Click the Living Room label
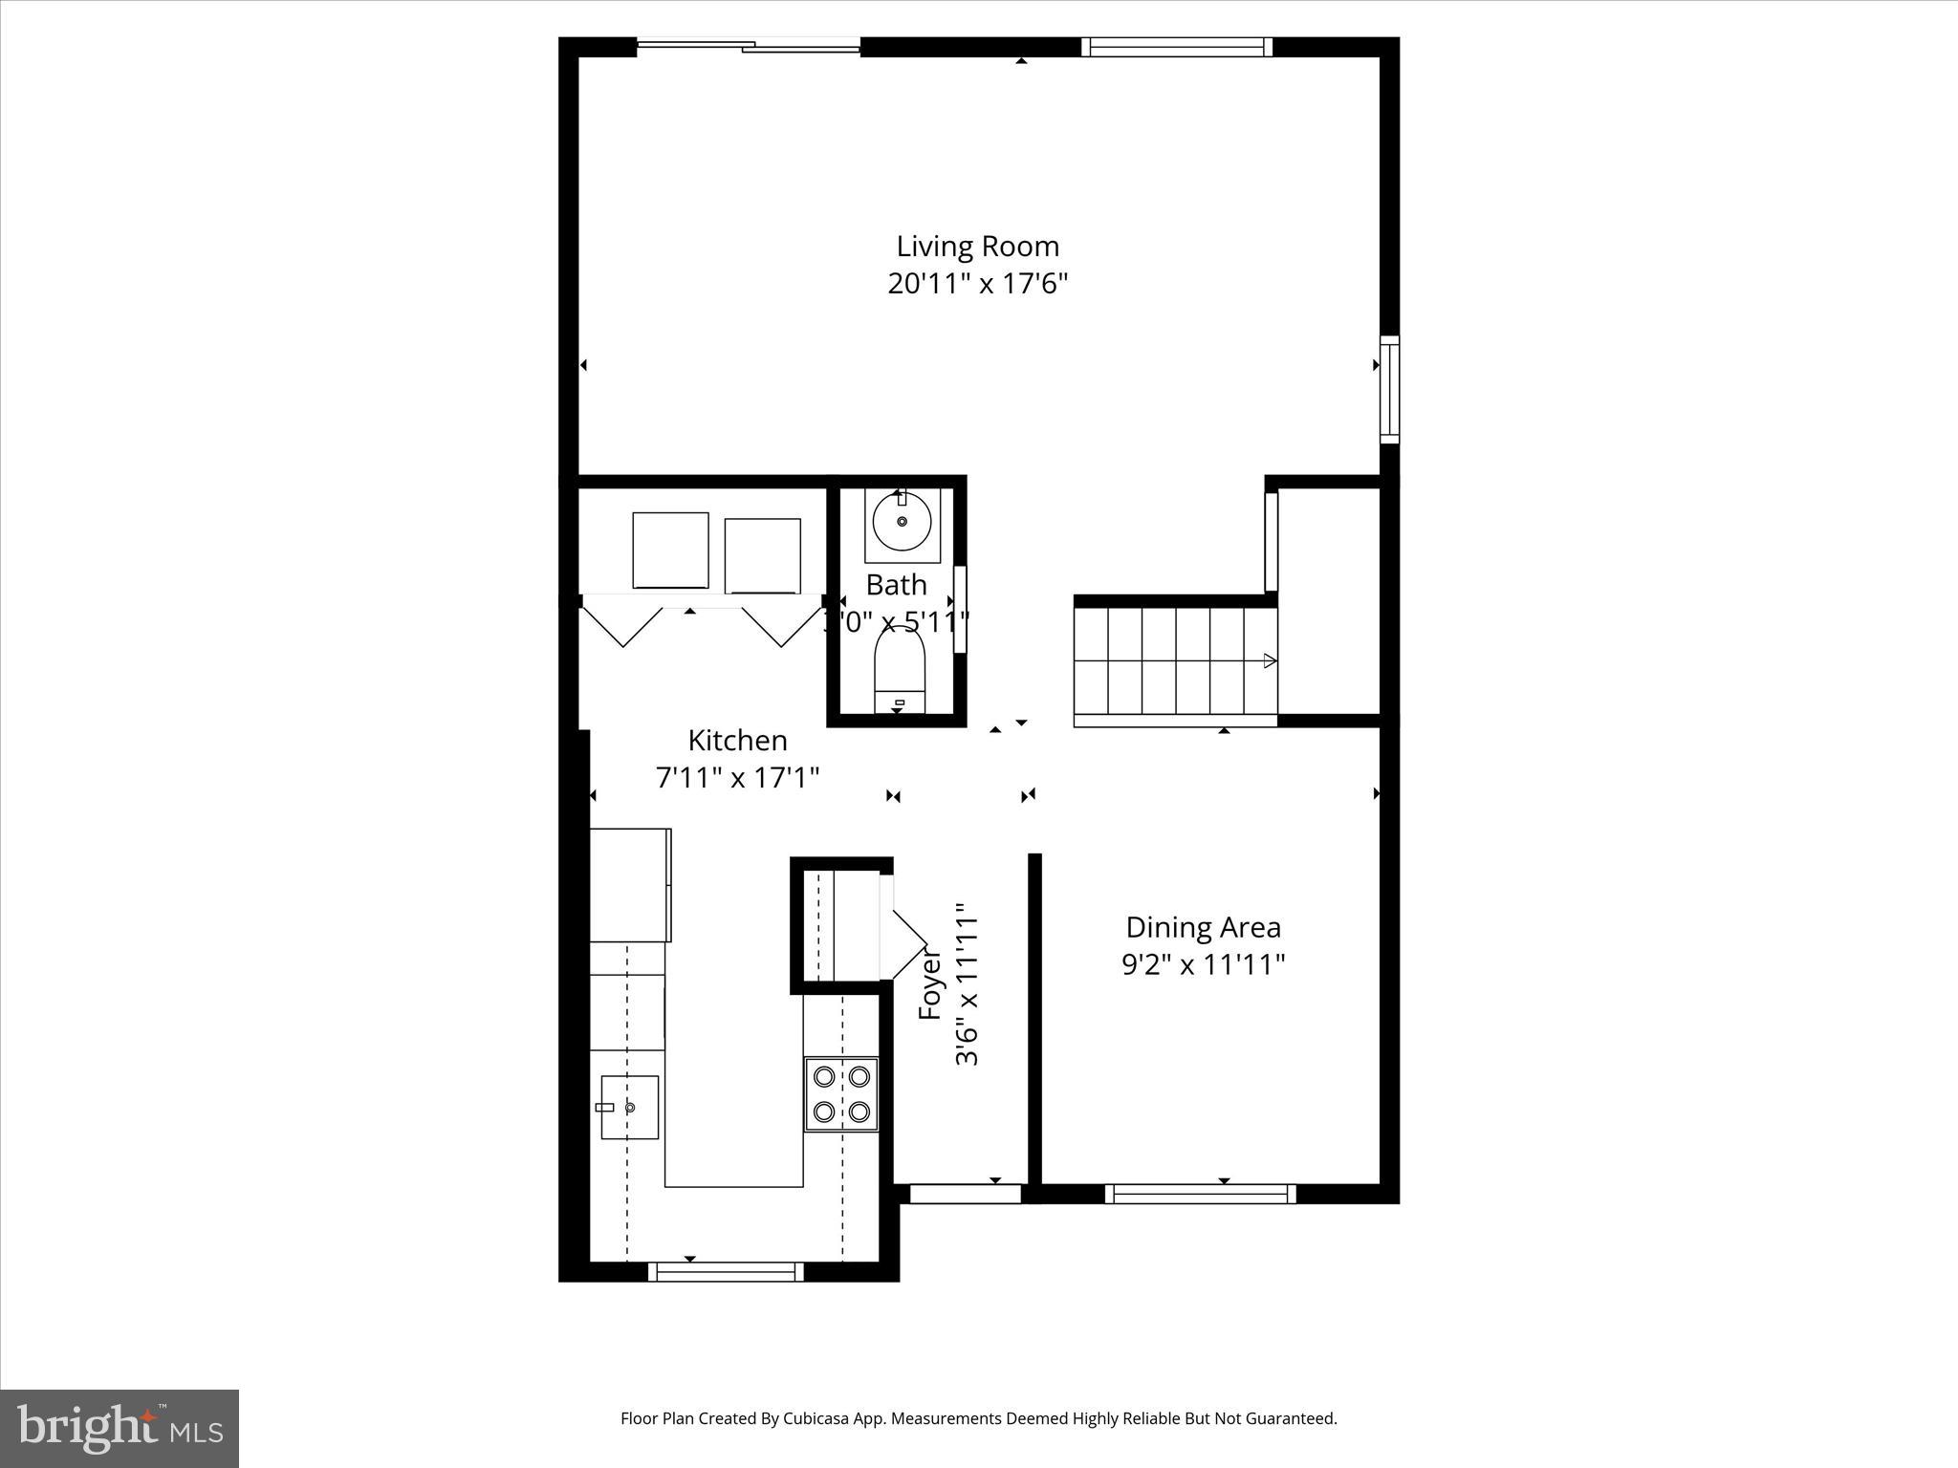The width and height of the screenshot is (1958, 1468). [x=977, y=247]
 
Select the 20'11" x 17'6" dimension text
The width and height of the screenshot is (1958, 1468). [x=977, y=284]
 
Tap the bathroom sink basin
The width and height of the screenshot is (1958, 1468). [x=902, y=522]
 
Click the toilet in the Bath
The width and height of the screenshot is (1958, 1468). [x=900, y=670]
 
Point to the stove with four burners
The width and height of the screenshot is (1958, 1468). [x=841, y=1094]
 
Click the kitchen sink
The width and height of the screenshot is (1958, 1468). [x=629, y=1107]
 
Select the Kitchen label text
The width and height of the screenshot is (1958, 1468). [x=737, y=741]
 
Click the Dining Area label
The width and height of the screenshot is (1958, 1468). [x=1203, y=927]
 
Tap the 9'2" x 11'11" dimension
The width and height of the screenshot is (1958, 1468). [x=1203, y=964]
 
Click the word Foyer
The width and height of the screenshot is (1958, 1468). [x=930, y=984]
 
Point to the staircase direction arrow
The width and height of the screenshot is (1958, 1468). [x=1270, y=660]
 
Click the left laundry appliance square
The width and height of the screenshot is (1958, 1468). [x=670, y=550]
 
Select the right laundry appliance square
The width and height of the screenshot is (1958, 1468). [x=762, y=556]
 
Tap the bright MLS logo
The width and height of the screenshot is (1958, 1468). [x=120, y=1428]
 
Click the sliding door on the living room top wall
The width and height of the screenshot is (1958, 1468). [x=749, y=45]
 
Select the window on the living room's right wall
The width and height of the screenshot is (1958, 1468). [x=1389, y=389]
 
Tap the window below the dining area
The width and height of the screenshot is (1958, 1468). [x=1200, y=1194]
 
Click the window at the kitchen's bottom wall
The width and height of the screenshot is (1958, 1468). [x=726, y=1272]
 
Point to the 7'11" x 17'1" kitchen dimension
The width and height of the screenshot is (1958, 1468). [x=737, y=778]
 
